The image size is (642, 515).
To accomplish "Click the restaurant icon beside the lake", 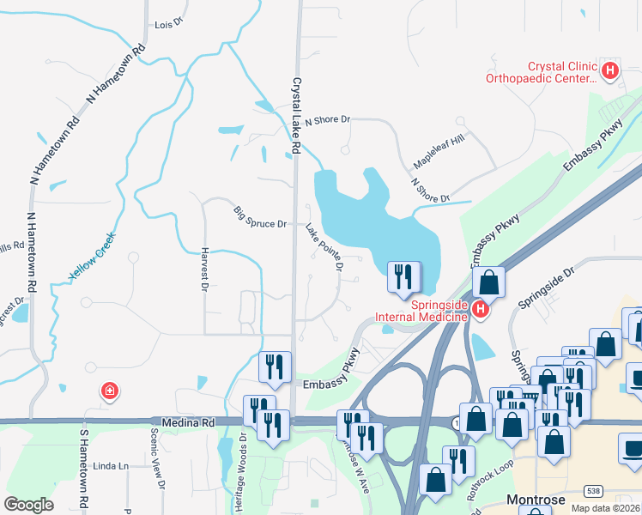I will click(403, 277).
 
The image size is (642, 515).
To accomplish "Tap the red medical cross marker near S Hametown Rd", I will click(109, 392).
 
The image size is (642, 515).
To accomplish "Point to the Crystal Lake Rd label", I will click(296, 116).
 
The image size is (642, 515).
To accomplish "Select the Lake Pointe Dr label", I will click(324, 248).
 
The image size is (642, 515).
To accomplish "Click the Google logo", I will click(28, 505).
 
